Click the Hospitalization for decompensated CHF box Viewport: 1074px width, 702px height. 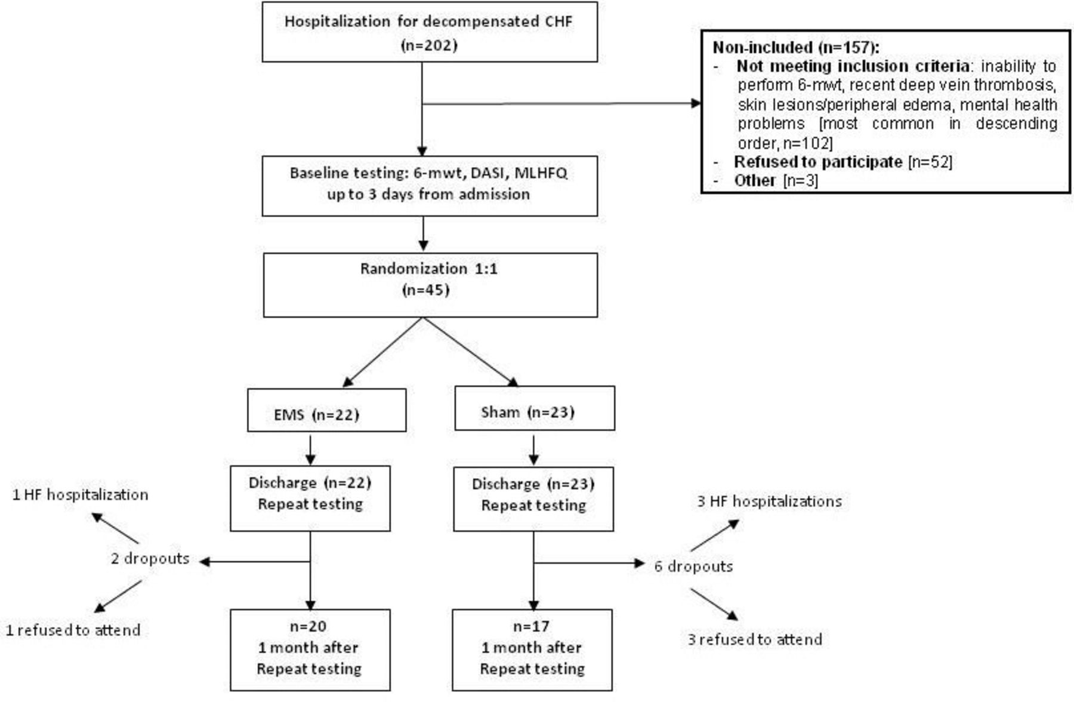[430, 32]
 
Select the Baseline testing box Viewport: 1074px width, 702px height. [430, 186]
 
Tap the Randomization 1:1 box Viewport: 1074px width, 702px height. [430, 285]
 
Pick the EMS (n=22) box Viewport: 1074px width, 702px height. [326, 410]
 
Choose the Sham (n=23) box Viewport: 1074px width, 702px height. [534, 408]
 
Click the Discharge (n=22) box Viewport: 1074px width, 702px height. [310, 499]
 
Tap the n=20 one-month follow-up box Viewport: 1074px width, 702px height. [310, 649]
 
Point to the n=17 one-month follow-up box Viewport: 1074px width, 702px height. [532, 649]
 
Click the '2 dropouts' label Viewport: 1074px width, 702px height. [150, 559]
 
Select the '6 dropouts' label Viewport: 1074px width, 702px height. [693, 566]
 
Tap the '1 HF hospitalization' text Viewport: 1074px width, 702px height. [81, 495]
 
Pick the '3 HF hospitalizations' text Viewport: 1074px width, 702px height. [769, 501]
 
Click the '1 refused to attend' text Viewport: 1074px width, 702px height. [73, 630]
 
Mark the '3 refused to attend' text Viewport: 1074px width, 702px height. [755, 639]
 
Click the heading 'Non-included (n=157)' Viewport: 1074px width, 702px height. [795, 47]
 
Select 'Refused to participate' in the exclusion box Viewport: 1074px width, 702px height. [817, 162]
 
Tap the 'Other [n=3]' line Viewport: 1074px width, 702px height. [776, 180]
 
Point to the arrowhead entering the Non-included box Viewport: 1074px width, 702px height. [696, 103]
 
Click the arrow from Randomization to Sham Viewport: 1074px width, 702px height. [471, 352]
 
